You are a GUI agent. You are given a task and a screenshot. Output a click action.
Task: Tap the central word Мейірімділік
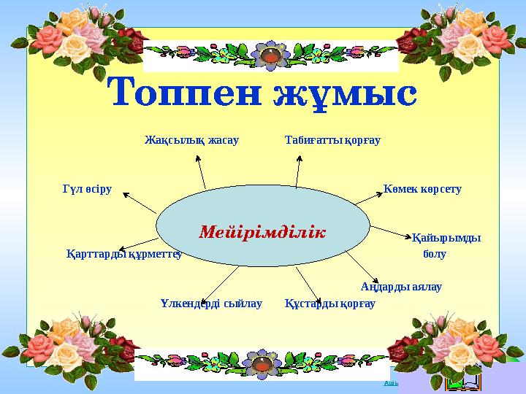(x=262, y=231)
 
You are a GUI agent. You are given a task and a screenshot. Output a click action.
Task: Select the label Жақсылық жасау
(x=192, y=139)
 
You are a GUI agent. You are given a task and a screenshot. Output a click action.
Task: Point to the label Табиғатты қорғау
(x=332, y=139)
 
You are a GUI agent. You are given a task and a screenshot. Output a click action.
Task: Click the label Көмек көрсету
(x=422, y=189)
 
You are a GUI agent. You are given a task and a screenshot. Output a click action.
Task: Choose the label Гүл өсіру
(x=87, y=190)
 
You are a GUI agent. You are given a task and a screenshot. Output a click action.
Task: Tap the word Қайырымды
(x=446, y=238)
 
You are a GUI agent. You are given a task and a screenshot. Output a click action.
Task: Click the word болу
(x=435, y=254)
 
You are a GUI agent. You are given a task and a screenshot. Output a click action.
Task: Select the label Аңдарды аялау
(x=401, y=287)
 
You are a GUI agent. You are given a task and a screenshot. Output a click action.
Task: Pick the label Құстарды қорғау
(x=330, y=303)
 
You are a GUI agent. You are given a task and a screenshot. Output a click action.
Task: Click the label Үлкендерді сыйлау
(x=210, y=303)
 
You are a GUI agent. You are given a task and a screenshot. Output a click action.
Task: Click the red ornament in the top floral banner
(x=272, y=55)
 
